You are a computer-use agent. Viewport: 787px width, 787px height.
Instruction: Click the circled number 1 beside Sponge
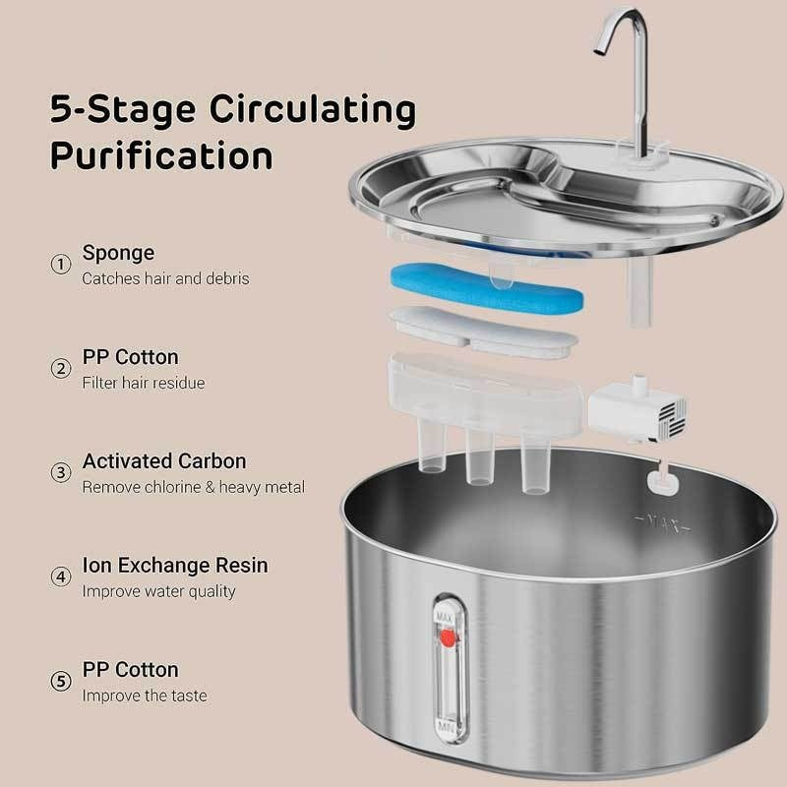point(61,265)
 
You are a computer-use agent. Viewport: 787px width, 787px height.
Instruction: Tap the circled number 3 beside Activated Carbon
point(61,473)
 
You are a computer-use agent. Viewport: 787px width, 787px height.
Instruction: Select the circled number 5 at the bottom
point(61,682)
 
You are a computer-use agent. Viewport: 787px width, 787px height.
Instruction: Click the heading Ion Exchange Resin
point(175,566)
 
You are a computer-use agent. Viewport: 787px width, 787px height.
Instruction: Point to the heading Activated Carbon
point(164,461)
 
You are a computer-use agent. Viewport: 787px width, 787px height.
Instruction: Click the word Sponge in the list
point(118,253)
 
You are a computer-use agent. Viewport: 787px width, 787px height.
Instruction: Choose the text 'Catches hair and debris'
point(165,278)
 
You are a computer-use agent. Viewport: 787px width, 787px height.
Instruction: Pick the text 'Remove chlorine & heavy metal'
point(193,487)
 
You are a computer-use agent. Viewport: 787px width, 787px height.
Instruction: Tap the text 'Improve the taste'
point(144,696)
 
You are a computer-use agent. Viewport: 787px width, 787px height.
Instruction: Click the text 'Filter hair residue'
point(144,383)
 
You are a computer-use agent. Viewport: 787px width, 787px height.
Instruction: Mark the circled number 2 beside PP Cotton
point(61,369)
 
